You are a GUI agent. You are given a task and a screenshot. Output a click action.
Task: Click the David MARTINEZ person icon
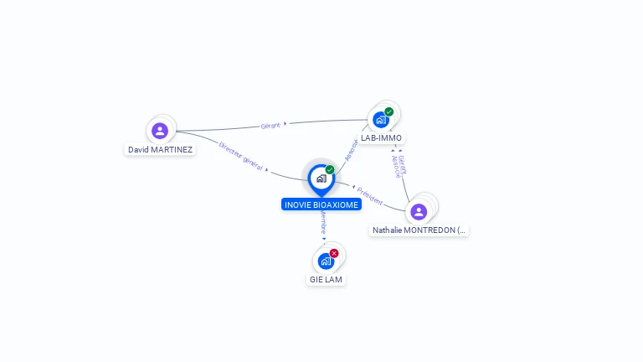[160, 131]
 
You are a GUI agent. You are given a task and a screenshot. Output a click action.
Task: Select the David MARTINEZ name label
[160, 150]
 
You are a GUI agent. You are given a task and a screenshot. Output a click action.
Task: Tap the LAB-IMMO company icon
[381, 119]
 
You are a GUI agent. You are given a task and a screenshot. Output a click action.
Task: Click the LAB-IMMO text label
[381, 138]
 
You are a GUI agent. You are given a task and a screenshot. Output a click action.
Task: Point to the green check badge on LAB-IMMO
[389, 111]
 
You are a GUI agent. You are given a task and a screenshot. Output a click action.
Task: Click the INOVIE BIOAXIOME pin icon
[321, 178]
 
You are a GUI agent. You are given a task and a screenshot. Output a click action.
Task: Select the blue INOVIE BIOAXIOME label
[321, 204]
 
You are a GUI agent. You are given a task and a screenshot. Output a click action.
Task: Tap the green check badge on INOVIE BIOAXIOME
[330, 170]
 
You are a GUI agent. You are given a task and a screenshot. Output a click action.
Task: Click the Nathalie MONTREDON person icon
[419, 211]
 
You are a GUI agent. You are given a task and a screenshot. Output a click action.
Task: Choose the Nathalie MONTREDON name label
[419, 230]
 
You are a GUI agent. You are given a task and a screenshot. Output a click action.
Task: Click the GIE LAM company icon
[326, 261]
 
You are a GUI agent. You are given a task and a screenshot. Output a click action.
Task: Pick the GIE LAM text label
[326, 279]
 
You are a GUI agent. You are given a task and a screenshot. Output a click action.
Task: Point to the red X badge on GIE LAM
[334, 253]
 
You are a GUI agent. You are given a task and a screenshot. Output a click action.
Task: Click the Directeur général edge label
[240, 156]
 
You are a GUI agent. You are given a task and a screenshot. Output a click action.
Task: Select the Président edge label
[369, 195]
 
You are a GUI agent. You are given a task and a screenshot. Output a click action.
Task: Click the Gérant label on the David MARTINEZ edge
[270, 126]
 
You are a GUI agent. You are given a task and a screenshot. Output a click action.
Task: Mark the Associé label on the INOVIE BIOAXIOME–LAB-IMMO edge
[351, 149]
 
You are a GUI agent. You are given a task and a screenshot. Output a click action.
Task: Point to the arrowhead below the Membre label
[324, 238]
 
